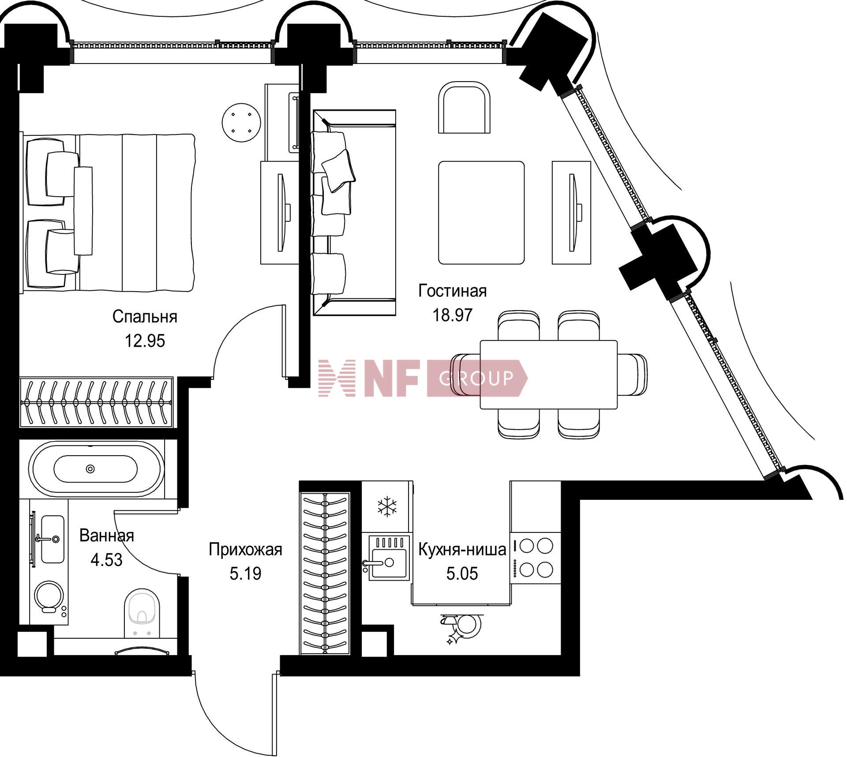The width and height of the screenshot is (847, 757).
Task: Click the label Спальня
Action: (x=145, y=317)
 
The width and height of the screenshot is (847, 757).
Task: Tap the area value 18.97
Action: (x=452, y=315)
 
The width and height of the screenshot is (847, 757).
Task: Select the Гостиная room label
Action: (x=453, y=291)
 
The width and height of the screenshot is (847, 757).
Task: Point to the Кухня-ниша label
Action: (x=462, y=550)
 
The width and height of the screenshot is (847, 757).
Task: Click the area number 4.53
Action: (x=106, y=560)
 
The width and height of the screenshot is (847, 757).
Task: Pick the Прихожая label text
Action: (x=245, y=550)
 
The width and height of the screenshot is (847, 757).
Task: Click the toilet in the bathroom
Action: (x=142, y=614)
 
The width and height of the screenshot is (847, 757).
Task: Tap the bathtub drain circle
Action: (x=90, y=469)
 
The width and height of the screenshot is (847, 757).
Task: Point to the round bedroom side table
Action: (x=241, y=123)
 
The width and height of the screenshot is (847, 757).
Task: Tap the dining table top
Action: (x=548, y=375)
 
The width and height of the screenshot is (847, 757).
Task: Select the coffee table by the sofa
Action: (x=481, y=213)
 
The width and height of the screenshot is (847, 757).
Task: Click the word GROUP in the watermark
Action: (x=476, y=378)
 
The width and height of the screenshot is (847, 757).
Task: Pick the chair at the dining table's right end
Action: (x=632, y=375)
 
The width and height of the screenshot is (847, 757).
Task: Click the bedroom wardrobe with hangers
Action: (x=97, y=402)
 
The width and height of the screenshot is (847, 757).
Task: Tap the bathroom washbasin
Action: (x=52, y=539)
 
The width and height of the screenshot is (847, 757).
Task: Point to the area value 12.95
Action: (x=145, y=341)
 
